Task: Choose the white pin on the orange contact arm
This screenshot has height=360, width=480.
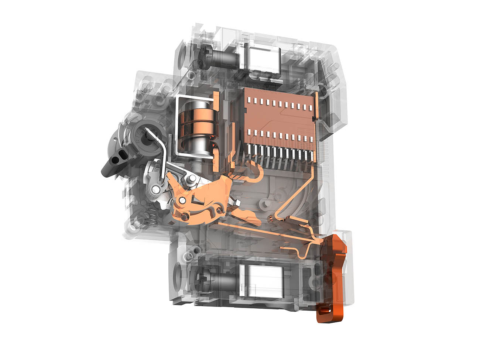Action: coord(182,200)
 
